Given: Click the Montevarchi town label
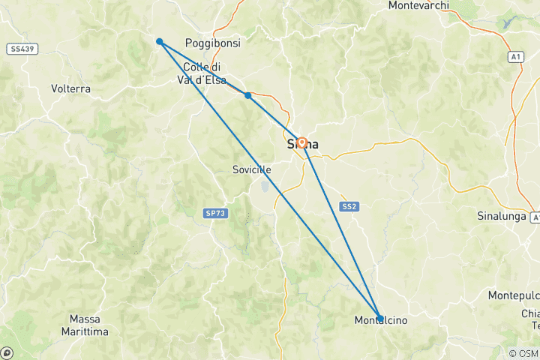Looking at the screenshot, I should coord(429,5).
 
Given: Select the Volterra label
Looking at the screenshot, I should coord(71,88).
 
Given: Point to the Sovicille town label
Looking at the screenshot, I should coord(251,170).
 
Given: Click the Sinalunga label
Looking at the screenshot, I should coord(502,216).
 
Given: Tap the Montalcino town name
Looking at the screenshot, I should coord(380,321).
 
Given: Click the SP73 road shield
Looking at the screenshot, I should coord(214,214).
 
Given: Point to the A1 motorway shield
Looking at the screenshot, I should coord(515,56).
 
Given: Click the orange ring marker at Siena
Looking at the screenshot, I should coord(301,142).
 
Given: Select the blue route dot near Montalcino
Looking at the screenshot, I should coord(380,318).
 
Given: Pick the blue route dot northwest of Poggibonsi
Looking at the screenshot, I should coord(160,41).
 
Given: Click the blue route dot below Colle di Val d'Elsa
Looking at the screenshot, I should coord(247,95).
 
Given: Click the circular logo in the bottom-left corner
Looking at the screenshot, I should coord(7,352).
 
